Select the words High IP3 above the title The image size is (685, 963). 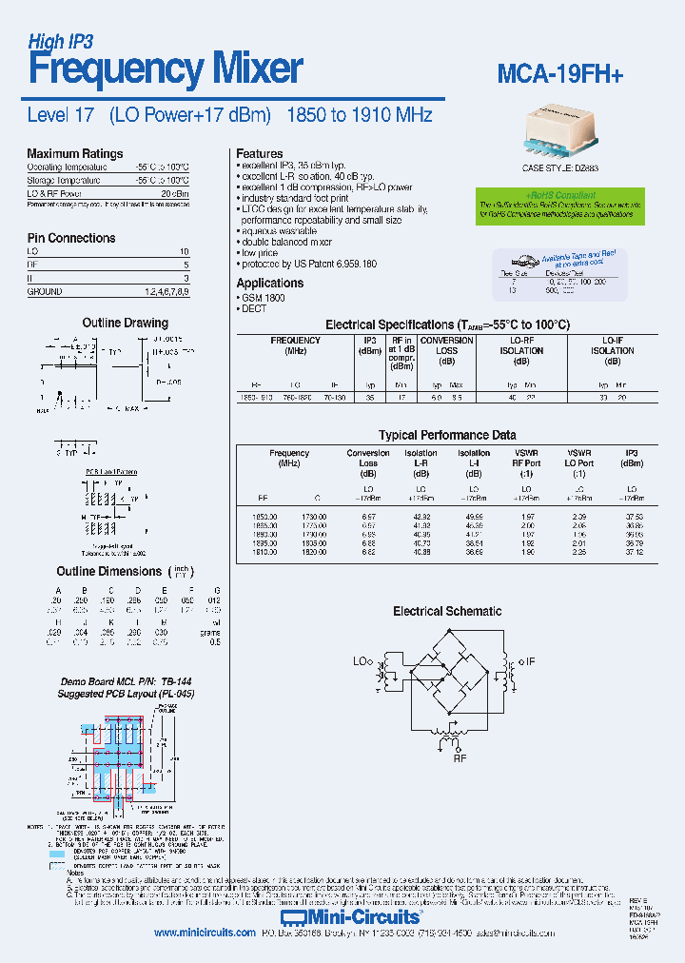pos(60,41)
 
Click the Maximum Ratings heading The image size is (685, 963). pos(74,153)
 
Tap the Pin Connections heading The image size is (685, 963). pos(71,238)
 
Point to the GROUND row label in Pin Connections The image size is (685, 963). pos(45,292)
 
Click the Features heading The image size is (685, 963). pos(259,153)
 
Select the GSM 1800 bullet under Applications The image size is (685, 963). pos(265,298)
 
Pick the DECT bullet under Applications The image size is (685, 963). pos(255,309)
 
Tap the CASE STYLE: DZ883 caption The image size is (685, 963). pos(560,167)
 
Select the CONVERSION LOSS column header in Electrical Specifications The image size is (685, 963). pos(446,345)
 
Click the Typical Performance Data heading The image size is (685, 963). pos(447,435)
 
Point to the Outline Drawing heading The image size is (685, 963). pos(125,323)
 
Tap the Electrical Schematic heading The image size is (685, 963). pos(447,611)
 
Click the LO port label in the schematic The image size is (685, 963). pos(362,660)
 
